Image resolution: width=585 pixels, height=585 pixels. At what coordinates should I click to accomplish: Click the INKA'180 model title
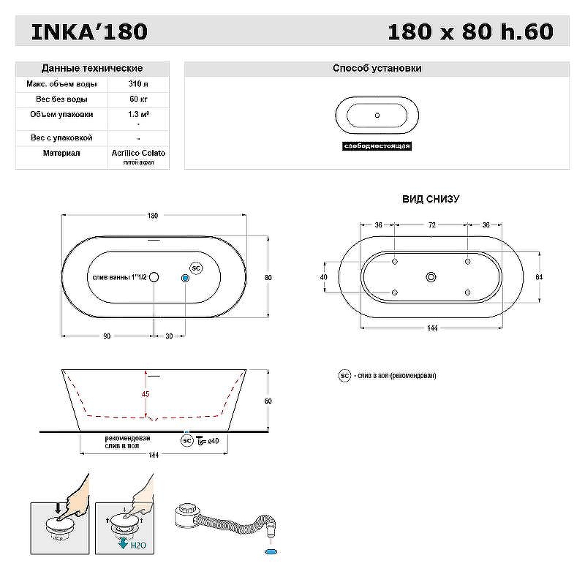tap(89, 31)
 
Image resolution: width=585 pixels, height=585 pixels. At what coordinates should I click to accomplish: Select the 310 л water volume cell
tap(138, 84)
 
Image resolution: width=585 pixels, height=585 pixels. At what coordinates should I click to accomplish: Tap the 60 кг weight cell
tap(138, 99)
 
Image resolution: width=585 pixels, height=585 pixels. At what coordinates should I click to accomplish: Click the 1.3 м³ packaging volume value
tap(138, 115)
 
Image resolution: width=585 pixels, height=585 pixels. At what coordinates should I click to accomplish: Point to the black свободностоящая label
tap(377, 146)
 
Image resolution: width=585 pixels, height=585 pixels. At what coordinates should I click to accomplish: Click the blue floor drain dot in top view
tap(185, 278)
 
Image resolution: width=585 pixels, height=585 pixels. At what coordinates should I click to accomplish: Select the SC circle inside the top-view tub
tap(196, 268)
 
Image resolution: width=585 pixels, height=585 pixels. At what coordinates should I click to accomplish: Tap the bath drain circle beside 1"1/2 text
tap(154, 277)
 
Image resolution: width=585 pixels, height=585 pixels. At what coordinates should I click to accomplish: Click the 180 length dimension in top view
tap(153, 216)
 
